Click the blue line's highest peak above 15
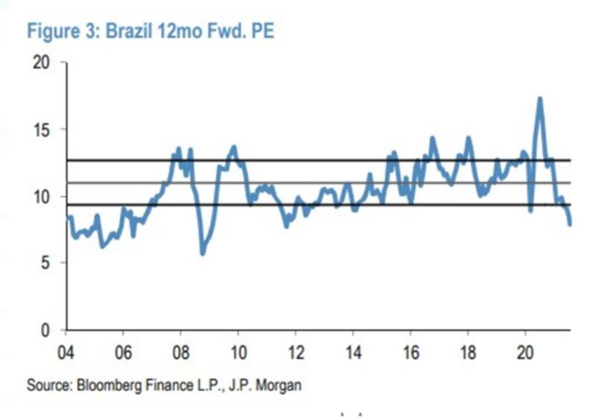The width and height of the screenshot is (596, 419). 539,98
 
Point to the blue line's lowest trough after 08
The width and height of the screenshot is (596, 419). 202,253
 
